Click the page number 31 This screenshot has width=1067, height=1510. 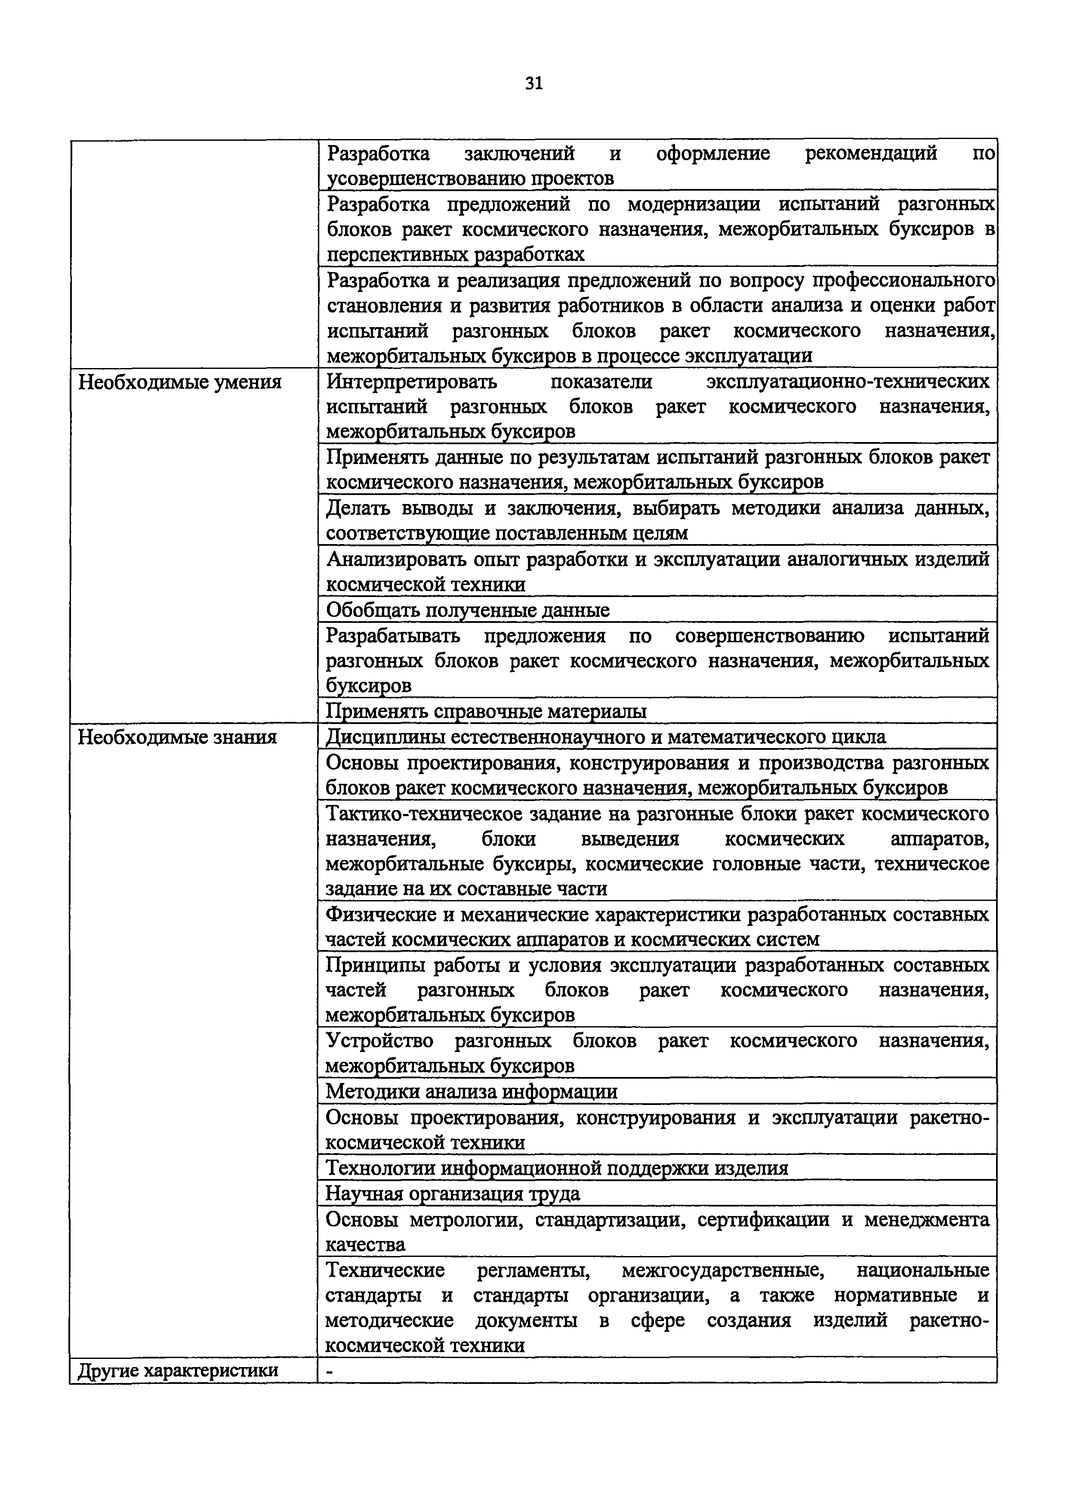pyautogui.click(x=533, y=84)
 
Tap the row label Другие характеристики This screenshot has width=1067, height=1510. pyautogui.click(x=178, y=1371)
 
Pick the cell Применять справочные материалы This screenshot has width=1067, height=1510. pyautogui.click(x=487, y=711)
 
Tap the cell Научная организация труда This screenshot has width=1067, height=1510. pyautogui.click(x=453, y=1193)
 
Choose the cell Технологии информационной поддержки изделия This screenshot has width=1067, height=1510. pyautogui.click(x=557, y=1168)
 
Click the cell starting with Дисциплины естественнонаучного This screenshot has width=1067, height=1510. pyautogui.click(x=605, y=736)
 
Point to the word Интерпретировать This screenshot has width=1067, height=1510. pyautogui.click(x=412, y=381)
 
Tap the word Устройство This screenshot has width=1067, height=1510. pyautogui.click(x=379, y=1041)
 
